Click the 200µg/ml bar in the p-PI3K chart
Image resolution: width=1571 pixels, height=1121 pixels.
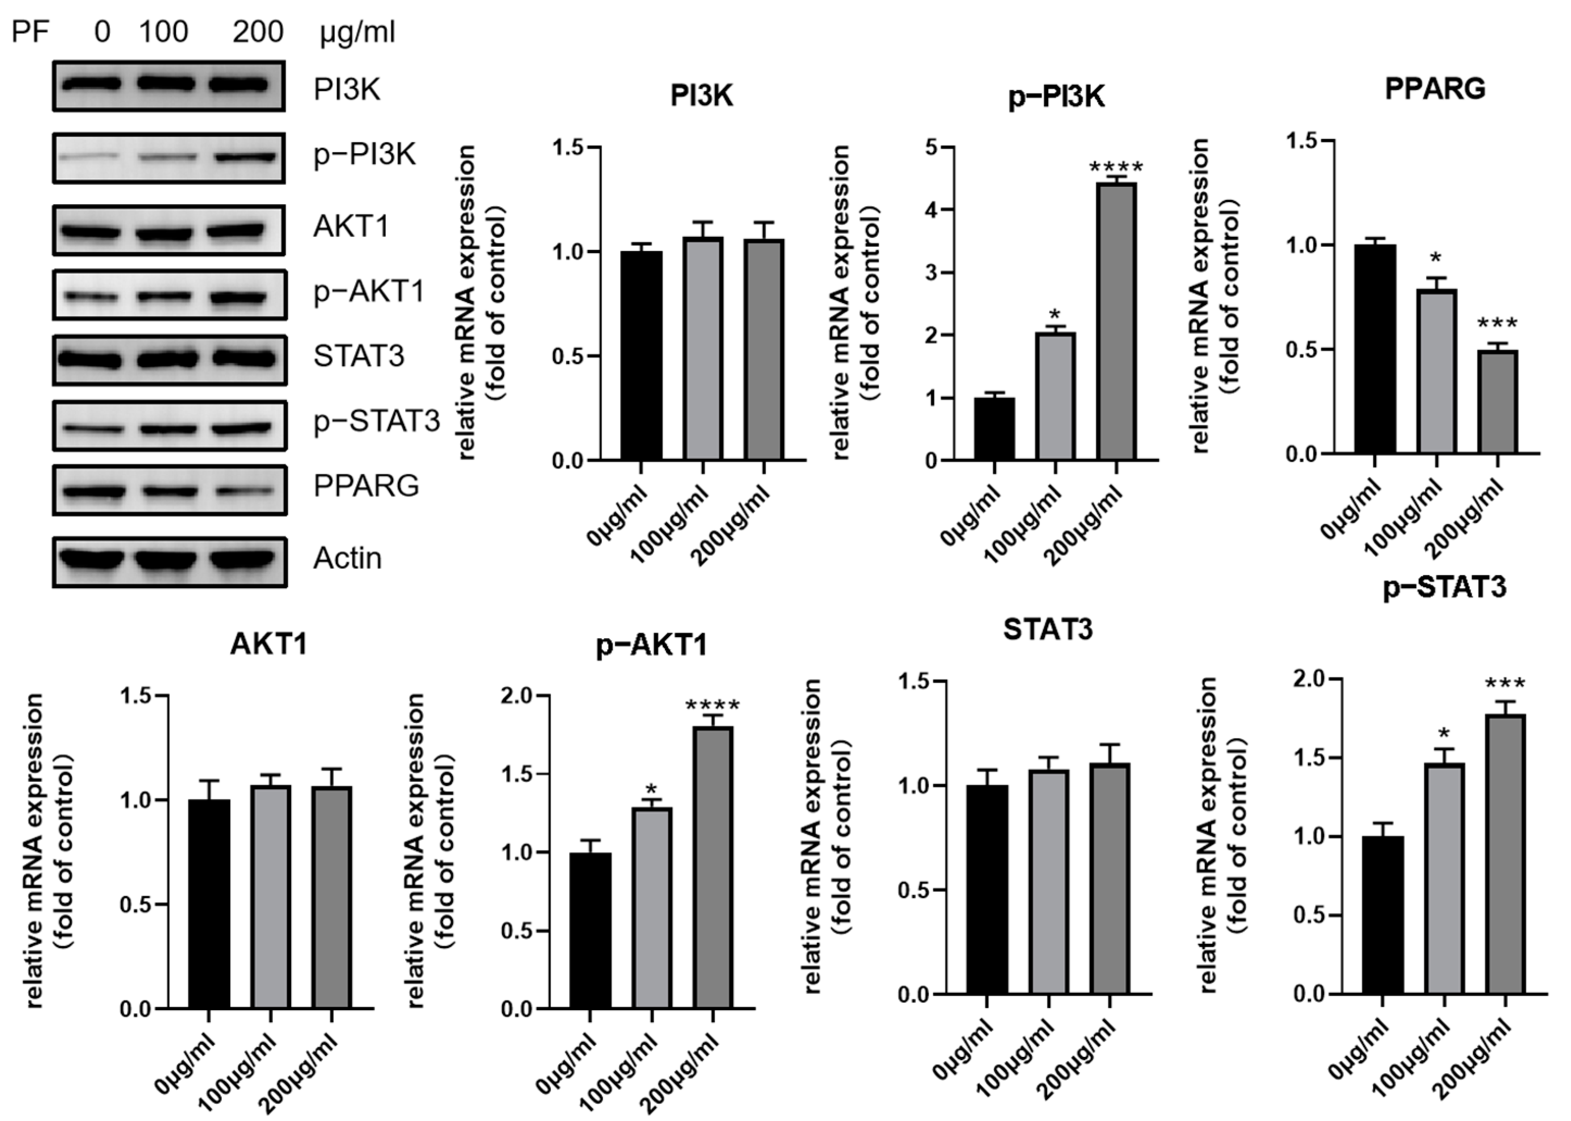point(1116,321)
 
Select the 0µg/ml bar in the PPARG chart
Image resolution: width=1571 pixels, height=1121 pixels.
point(1374,349)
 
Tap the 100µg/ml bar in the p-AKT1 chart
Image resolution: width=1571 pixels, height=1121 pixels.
point(651,908)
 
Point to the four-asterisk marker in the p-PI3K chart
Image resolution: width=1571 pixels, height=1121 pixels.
point(1116,168)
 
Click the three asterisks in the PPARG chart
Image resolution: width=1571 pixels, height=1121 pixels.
point(1497,324)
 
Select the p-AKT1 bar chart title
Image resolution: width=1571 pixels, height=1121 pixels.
point(652,645)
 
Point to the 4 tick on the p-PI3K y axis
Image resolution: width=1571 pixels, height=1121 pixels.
point(932,210)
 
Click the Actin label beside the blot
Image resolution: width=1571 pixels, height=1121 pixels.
point(347,558)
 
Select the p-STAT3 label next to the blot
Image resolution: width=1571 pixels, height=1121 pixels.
point(376,420)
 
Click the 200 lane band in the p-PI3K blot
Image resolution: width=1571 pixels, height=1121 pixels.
point(245,157)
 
